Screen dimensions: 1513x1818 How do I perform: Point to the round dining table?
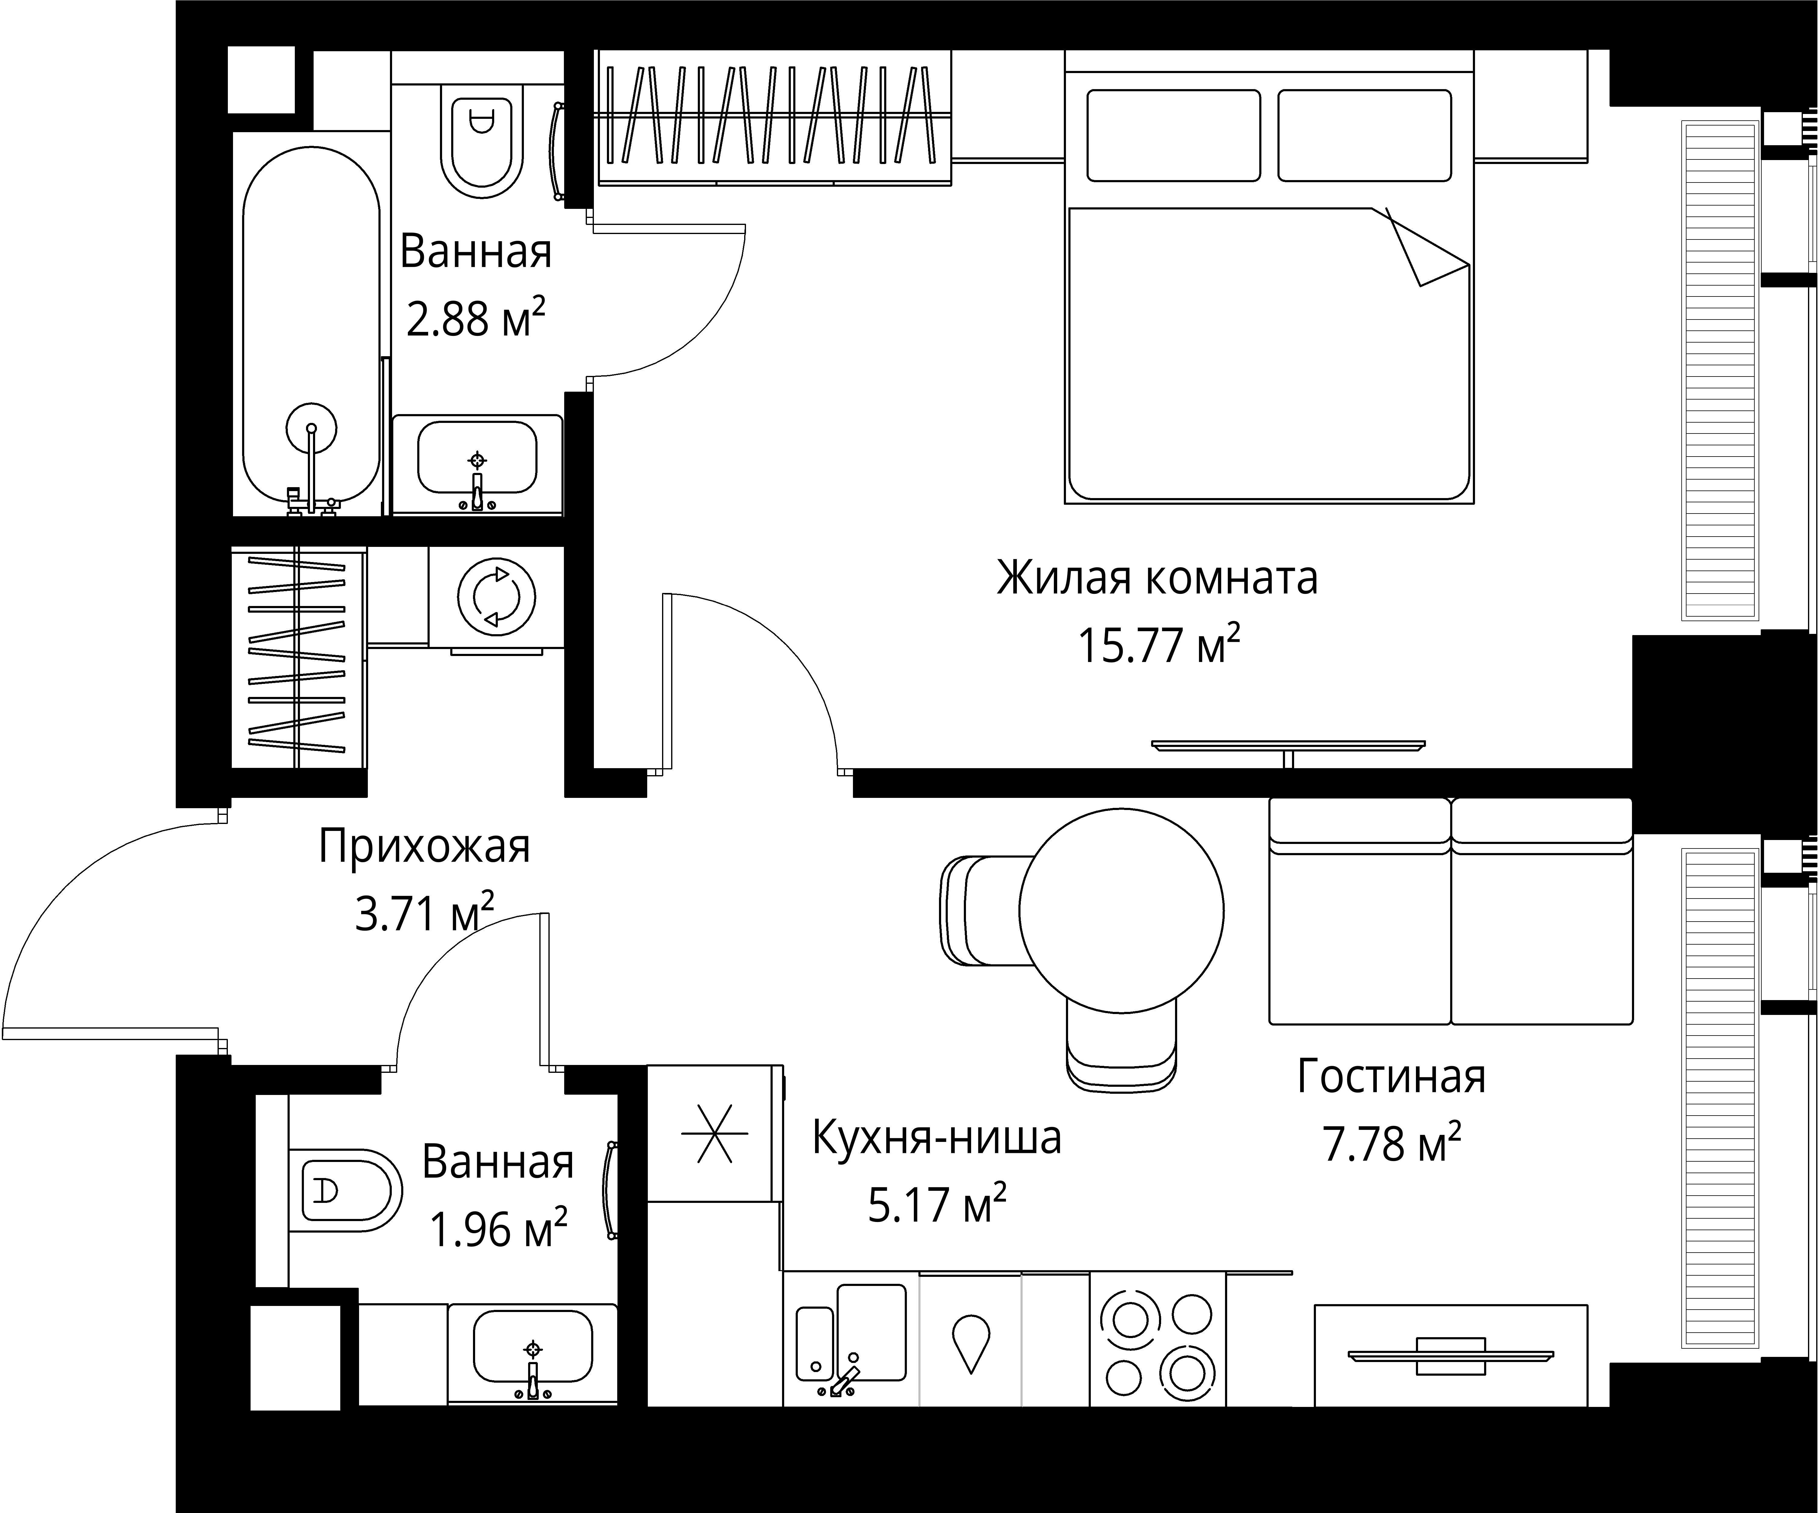click(x=1121, y=911)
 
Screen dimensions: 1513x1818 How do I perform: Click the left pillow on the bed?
click(x=1173, y=136)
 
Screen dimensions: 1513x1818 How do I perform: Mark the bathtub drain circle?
click(x=311, y=428)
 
